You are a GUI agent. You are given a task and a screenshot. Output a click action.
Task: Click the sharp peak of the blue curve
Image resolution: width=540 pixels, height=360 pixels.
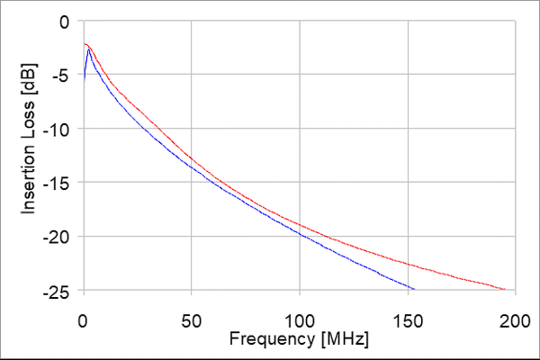coord(87,49)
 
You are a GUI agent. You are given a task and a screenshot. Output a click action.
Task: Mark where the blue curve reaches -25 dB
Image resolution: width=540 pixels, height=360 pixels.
coord(413,290)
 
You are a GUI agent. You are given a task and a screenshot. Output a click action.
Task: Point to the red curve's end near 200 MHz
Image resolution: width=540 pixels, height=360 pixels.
coord(507,290)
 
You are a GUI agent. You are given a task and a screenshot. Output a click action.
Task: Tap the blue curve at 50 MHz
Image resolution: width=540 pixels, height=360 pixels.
coord(192,167)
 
